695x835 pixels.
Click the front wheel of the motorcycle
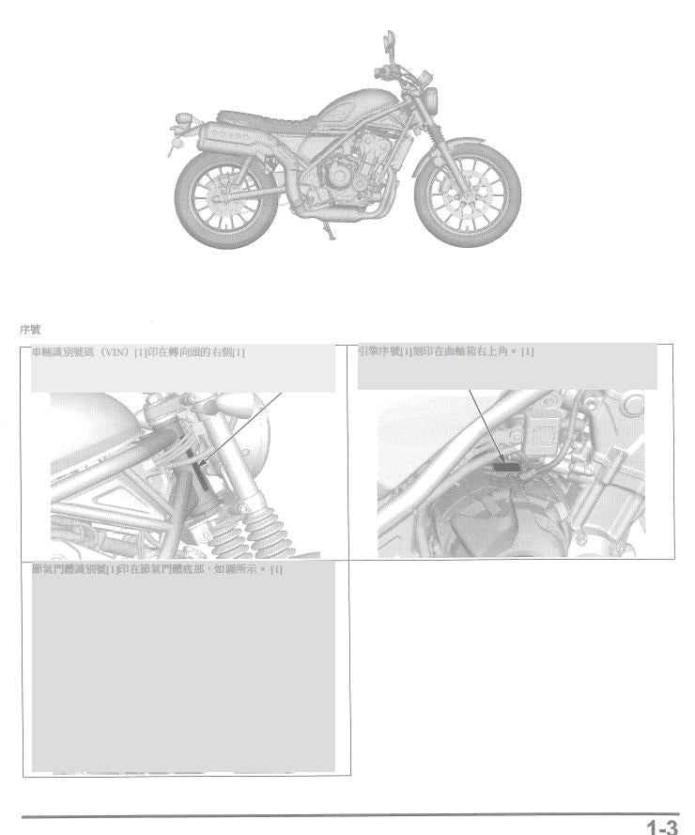tap(468, 193)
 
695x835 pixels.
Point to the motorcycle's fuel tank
tap(347, 112)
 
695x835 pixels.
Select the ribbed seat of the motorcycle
tap(267, 122)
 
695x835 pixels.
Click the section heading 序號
tap(30, 330)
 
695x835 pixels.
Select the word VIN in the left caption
tap(115, 352)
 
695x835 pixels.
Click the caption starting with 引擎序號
tap(446, 351)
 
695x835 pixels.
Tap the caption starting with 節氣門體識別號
tap(158, 569)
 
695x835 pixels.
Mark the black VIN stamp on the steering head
tap(202, 475)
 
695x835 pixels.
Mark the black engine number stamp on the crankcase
tap(506, 467)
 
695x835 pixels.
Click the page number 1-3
tap(662, 827)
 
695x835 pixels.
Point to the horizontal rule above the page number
tap(350, 815)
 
